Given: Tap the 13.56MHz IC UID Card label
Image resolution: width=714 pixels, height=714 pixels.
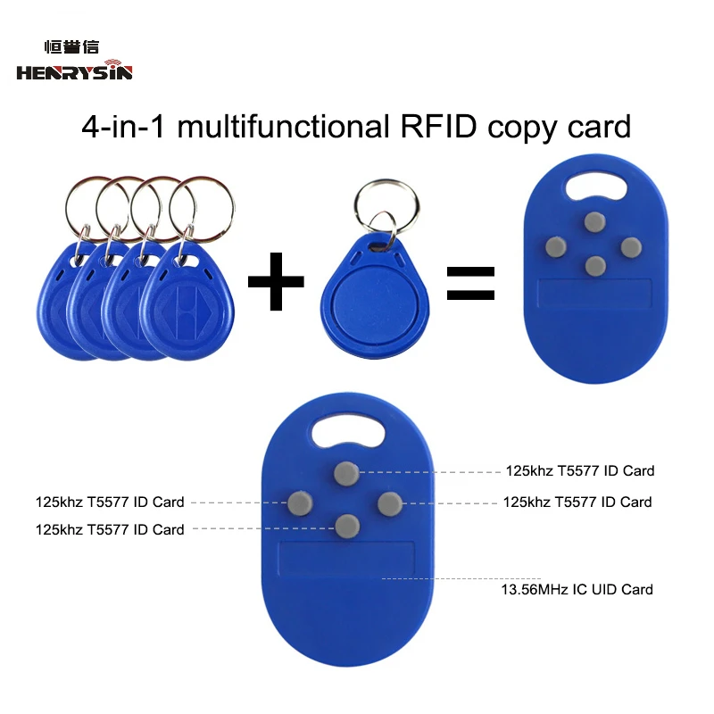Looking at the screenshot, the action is [x=576, y=589].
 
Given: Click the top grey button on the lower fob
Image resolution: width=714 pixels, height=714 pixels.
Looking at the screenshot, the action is [x=346, y=474].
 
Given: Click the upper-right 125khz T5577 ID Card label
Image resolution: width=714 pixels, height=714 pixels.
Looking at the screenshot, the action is [x=580, y=470].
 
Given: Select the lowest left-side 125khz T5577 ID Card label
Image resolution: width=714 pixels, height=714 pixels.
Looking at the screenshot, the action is [x=110, y=529].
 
